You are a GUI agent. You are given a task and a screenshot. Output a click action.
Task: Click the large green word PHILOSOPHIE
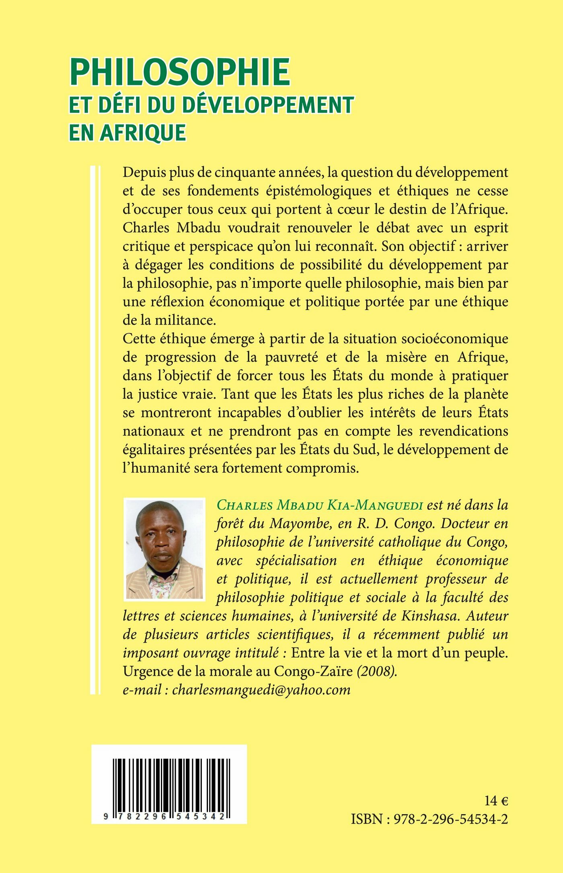[x=180, y=72]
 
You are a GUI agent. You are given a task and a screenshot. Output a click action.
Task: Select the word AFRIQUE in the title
[x=143, y=132]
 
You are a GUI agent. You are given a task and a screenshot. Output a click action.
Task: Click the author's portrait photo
[x=164, y=550]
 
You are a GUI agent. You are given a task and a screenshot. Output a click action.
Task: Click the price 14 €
[x=496, y=801]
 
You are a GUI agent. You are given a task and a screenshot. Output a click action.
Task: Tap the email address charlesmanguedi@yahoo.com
[x=261, y=690]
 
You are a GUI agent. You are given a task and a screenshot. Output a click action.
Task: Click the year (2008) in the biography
[x=377, y=671]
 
